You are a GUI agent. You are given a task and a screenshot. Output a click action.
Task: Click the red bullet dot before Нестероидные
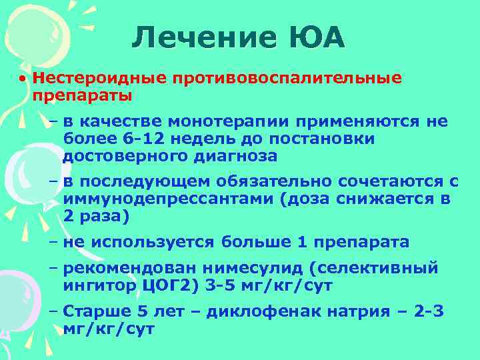point(23,79)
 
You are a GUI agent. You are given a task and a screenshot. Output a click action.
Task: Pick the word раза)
point(103,216)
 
